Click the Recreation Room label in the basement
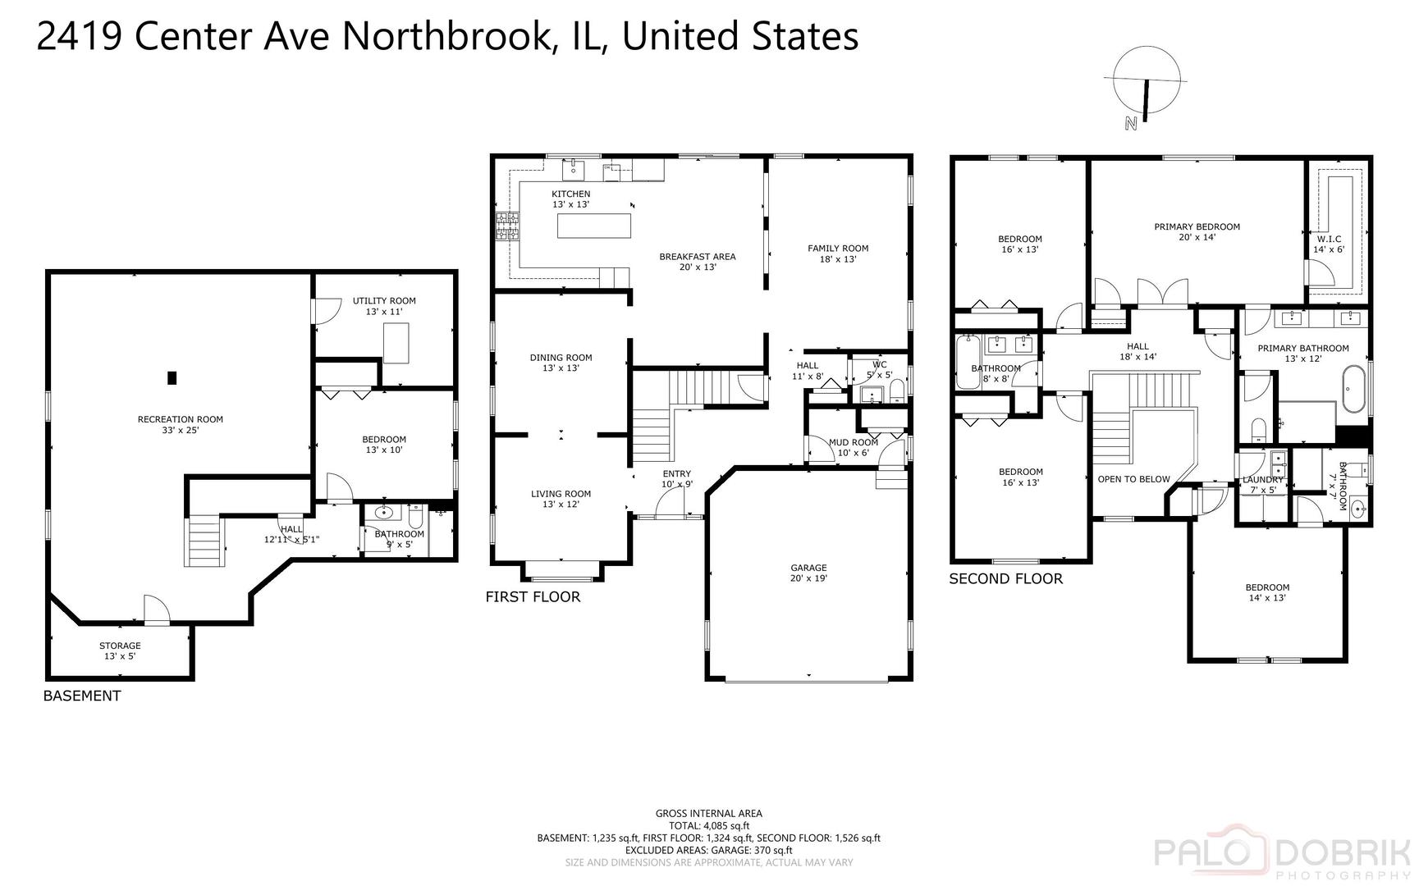point(180,424)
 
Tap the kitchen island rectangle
point(594,225)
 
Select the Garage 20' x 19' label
point(808,573)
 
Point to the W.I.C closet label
point(1329,244)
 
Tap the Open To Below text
point(1133,479)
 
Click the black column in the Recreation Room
point(172,377)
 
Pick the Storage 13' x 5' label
point(120,651)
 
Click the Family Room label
point(837,253)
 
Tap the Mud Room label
point(853,447)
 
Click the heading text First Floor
point(533,597)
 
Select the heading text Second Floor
point(1005,579)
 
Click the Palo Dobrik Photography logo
point(1284,856)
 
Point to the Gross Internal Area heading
point(708,814)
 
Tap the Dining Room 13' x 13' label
point(561,363)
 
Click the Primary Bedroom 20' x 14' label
point(1196,231)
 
